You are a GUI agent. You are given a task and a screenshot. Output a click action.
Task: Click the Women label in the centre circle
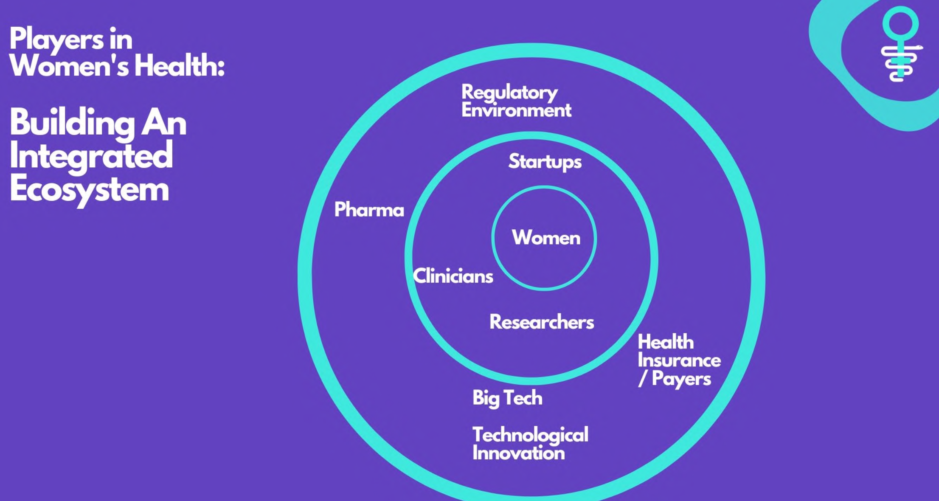click(546, 237)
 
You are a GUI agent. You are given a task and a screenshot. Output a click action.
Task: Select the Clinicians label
click(453, 276)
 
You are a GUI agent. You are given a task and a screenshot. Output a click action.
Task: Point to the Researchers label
click(542, 322)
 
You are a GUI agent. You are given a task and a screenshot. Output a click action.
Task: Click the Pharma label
click(369, 210)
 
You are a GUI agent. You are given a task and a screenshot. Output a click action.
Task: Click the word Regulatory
click(510, 93)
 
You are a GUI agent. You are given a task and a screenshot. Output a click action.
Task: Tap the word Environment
click(516, 110)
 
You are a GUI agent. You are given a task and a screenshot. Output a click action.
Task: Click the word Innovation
click(519, 453)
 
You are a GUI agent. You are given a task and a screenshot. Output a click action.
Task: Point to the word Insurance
click(679, 360)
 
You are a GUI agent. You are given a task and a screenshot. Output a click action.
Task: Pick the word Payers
click(681, 379)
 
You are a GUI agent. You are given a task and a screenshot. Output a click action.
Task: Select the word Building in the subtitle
click(72, 123)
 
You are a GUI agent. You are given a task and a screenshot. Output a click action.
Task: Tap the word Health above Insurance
click(666, 342)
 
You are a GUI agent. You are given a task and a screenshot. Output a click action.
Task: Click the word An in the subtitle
click(164, 123)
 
